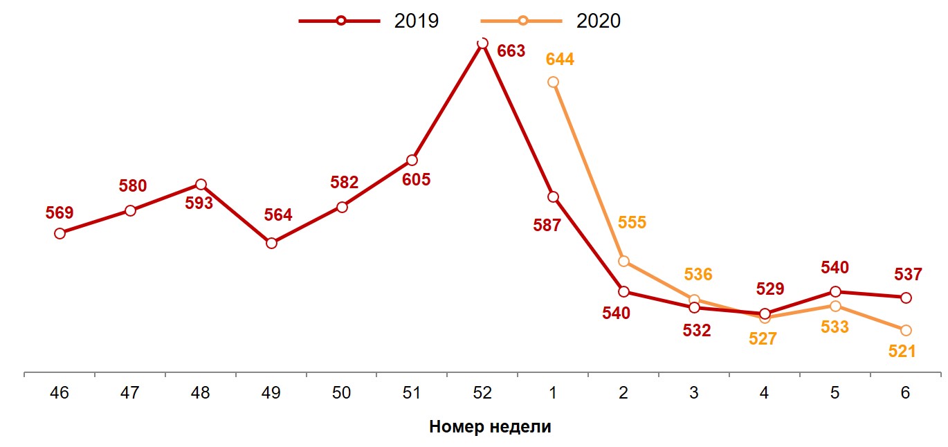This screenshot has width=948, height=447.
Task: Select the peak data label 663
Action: coord(511,51)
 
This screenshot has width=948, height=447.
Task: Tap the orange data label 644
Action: coord(560,60)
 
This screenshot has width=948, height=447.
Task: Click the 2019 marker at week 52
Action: coord(482,43)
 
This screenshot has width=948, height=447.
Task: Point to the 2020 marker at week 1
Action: coord(553,82)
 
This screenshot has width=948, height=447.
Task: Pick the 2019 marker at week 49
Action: coord(271,243)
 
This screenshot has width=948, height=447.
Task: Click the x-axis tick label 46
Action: coord(60,393)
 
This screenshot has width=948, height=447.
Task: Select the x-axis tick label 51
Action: coord(412,393)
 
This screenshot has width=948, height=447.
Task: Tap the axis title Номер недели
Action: coord(490,426)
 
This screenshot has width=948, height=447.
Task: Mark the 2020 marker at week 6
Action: coord(906,330)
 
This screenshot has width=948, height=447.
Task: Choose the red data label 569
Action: coord(60,212)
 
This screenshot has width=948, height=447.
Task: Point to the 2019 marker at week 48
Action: coord(201,185)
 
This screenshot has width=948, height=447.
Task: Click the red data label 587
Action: coord(547,225)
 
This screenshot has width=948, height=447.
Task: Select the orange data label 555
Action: coord(632,223)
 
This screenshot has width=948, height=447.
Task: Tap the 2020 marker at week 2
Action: coord(623,261)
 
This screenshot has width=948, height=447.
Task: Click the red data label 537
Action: coord(908,275)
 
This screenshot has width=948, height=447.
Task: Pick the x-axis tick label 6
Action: coord(906,393)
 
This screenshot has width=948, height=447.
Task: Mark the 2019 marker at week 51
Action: coord(412,160)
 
